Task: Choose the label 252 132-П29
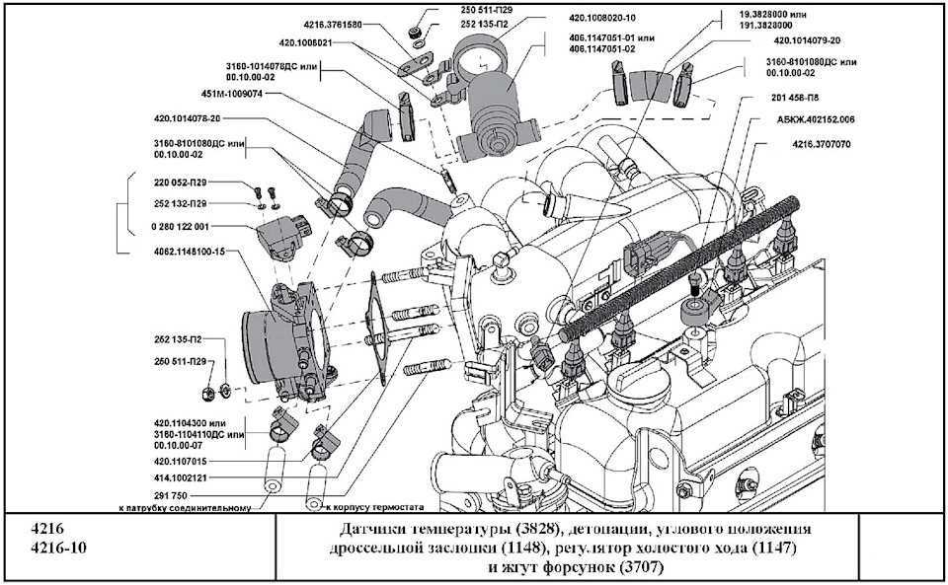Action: [x=180, y=203]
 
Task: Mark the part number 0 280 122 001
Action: [x=180, y=228]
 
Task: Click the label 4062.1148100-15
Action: [x=191, y=252]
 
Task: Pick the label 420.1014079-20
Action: [x=808, y=43]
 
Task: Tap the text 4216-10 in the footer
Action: [x=56, y=548]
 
